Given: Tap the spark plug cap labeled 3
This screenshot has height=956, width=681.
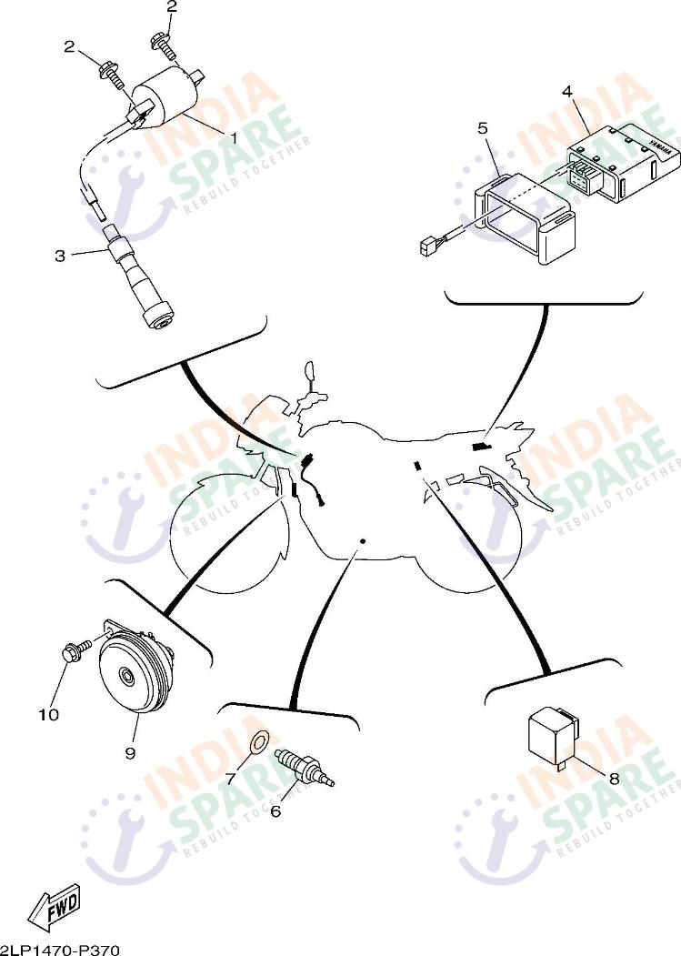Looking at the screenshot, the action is point(140,277).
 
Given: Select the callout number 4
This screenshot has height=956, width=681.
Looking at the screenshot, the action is point(567,92).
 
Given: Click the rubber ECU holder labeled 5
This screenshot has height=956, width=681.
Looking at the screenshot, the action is point(526,217).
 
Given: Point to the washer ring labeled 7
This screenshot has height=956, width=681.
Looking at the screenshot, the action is point(261,741).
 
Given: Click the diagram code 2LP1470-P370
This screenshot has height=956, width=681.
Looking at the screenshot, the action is point(60,950).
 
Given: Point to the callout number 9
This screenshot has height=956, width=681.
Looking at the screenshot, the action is point(130,753).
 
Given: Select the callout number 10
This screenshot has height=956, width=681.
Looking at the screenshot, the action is point(49,714).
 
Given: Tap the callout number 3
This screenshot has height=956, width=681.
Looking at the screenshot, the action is point(60,256).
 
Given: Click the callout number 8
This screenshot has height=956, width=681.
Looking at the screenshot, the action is point(614,779).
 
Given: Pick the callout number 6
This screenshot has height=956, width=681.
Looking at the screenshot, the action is point(275,811).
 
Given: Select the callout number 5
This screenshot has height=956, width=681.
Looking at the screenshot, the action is point(483,128).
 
